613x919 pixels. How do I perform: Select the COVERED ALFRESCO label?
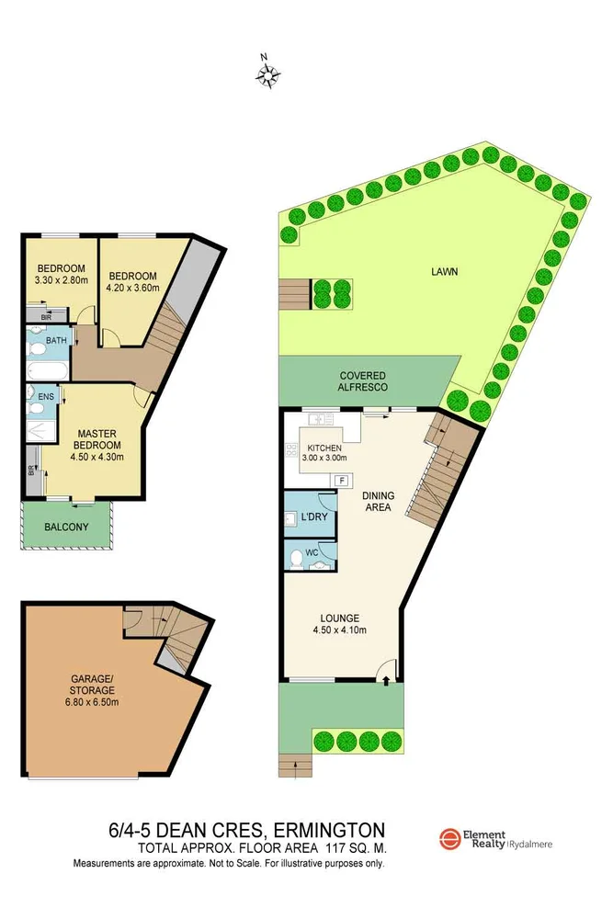362,381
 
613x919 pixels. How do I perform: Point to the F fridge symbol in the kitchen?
342,480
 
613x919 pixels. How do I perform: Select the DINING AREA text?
377,501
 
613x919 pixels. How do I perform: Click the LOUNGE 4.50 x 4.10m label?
339,624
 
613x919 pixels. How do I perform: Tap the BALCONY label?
66,527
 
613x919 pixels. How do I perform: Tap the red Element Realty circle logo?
450,839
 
